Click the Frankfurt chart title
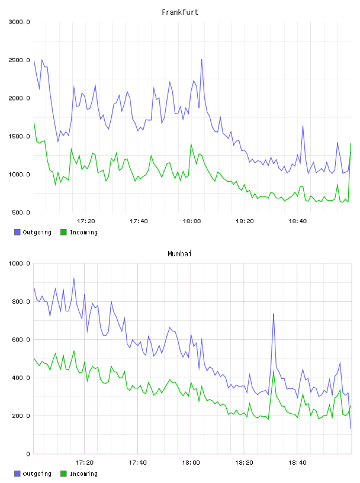point(180,12)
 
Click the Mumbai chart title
point(179,253)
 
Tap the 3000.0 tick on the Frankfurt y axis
point(19,22)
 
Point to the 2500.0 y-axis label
point(19,60)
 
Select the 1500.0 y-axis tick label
point(19,136)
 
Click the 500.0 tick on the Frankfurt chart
point(21,212)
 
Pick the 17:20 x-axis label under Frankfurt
point(86,221)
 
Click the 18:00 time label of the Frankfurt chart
point(192,221)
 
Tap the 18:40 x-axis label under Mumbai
point(297,462)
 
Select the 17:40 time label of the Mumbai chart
point(137,462)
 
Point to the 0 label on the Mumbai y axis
point(28,454)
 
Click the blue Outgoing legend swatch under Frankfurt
point(17,232)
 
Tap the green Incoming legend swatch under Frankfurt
point(63,232)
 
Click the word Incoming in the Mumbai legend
point(83,474)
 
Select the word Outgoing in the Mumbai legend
point(37,474)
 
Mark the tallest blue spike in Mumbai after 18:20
point(274,314)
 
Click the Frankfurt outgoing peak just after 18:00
point(201,59)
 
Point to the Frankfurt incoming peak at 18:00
point(191,144)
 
